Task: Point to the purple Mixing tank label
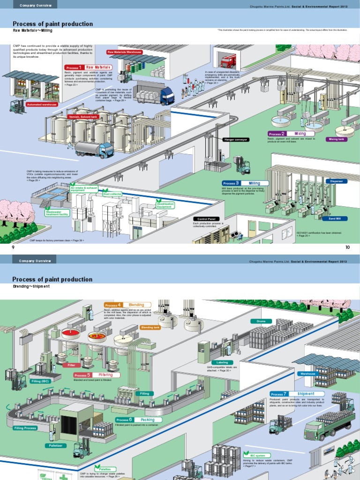(337, 139)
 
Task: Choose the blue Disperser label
(336, 181)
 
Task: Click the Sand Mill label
(335, 218)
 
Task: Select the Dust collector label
(112, 194)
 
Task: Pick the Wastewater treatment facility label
(57, 213)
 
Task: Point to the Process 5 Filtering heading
(97, 375)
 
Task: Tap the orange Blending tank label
(150, 327)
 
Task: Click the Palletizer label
(56, 445)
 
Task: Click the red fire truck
(228, 61)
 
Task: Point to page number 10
(347, 247)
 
